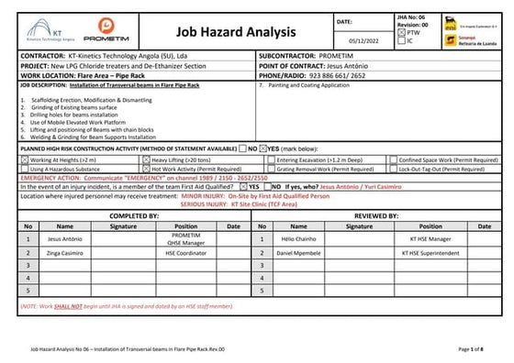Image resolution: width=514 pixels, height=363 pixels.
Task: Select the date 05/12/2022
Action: pos(354,41)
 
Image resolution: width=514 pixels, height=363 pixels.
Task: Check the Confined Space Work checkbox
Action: pos(393,159)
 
